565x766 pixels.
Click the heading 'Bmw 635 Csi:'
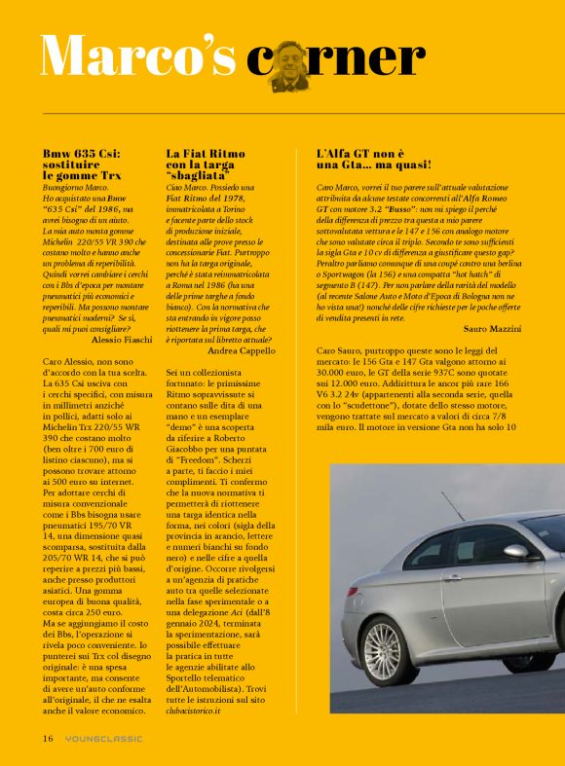pyautogui.click(x=82, y=154)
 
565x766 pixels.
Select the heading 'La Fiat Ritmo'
pyautogui.click(x=204, y=154)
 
